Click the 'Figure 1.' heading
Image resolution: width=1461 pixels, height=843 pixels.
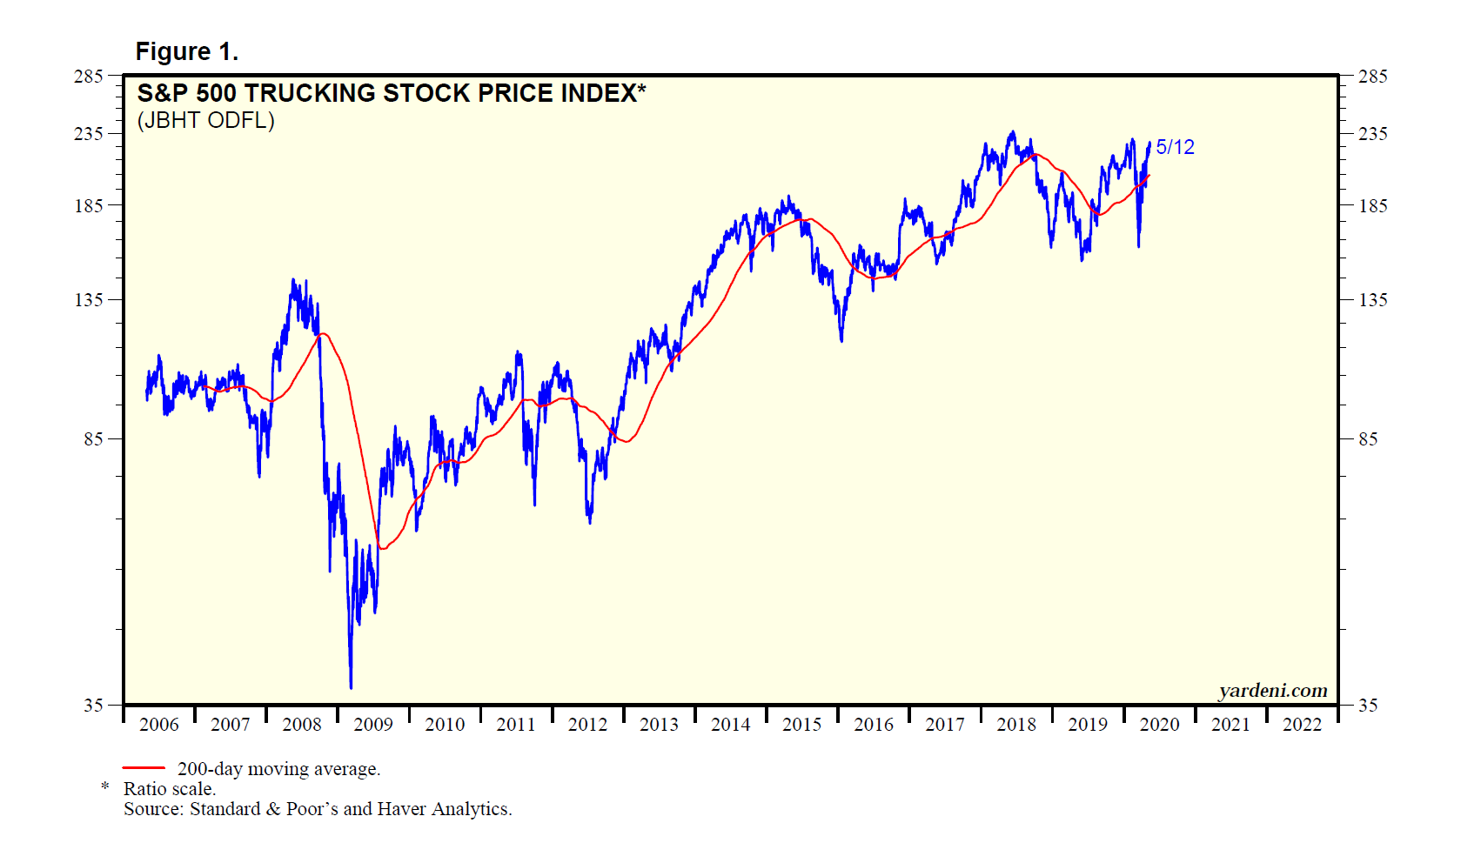tap(186, 52)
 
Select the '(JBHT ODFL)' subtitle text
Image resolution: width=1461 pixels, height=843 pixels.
tap(205, 120)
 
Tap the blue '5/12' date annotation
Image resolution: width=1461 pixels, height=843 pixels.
tap(1175, 147)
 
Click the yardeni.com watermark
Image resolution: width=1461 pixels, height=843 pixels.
tap(1272, 690)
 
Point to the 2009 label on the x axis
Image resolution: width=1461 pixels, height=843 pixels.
tap(373, 724)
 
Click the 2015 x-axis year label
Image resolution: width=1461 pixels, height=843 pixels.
tap(801, 724)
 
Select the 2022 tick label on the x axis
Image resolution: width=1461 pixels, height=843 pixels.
tap(1302, 724)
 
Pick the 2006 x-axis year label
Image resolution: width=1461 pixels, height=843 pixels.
tap(159, 724)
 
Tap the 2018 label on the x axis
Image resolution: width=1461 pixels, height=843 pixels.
tap(1016, 724)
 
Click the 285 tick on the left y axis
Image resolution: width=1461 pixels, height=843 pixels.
tap(89, 77)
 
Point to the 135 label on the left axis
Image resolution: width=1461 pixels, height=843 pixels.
tap(89, 299)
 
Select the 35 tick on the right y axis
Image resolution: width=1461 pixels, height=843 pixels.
tap(1368, 705)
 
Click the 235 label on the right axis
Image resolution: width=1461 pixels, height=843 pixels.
tap(1373, 133)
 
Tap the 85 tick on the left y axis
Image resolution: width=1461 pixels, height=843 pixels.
tap(93, 438)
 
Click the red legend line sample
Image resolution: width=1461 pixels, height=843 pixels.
tap(144, 768)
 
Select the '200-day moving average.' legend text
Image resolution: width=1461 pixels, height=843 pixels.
tap(278, 769)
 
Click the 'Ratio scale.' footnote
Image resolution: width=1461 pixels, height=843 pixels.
tap(170, 789)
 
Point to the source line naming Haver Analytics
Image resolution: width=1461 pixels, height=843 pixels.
tap(318, 809)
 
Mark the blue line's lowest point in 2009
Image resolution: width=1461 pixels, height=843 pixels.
tap(351, 687)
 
